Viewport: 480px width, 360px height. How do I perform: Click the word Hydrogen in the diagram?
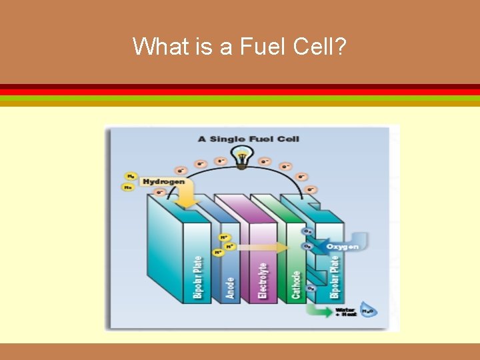[163, 181]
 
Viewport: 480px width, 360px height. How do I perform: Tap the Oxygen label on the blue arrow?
[342, 247]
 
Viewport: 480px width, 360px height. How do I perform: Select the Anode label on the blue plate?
[231, 287]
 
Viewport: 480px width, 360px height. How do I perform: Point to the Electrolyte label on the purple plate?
[263, 280]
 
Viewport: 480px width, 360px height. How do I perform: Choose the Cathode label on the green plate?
[297, 283]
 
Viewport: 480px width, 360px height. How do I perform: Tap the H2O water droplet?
[367, 311]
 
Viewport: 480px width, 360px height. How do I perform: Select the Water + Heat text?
[346, 311]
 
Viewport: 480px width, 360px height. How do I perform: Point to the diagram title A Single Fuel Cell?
[249, 139]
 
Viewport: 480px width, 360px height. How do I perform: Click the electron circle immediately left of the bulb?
[221, 161]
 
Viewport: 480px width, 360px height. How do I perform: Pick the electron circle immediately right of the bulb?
[265, 161]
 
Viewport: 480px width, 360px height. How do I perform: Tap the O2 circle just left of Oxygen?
[308, 246]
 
